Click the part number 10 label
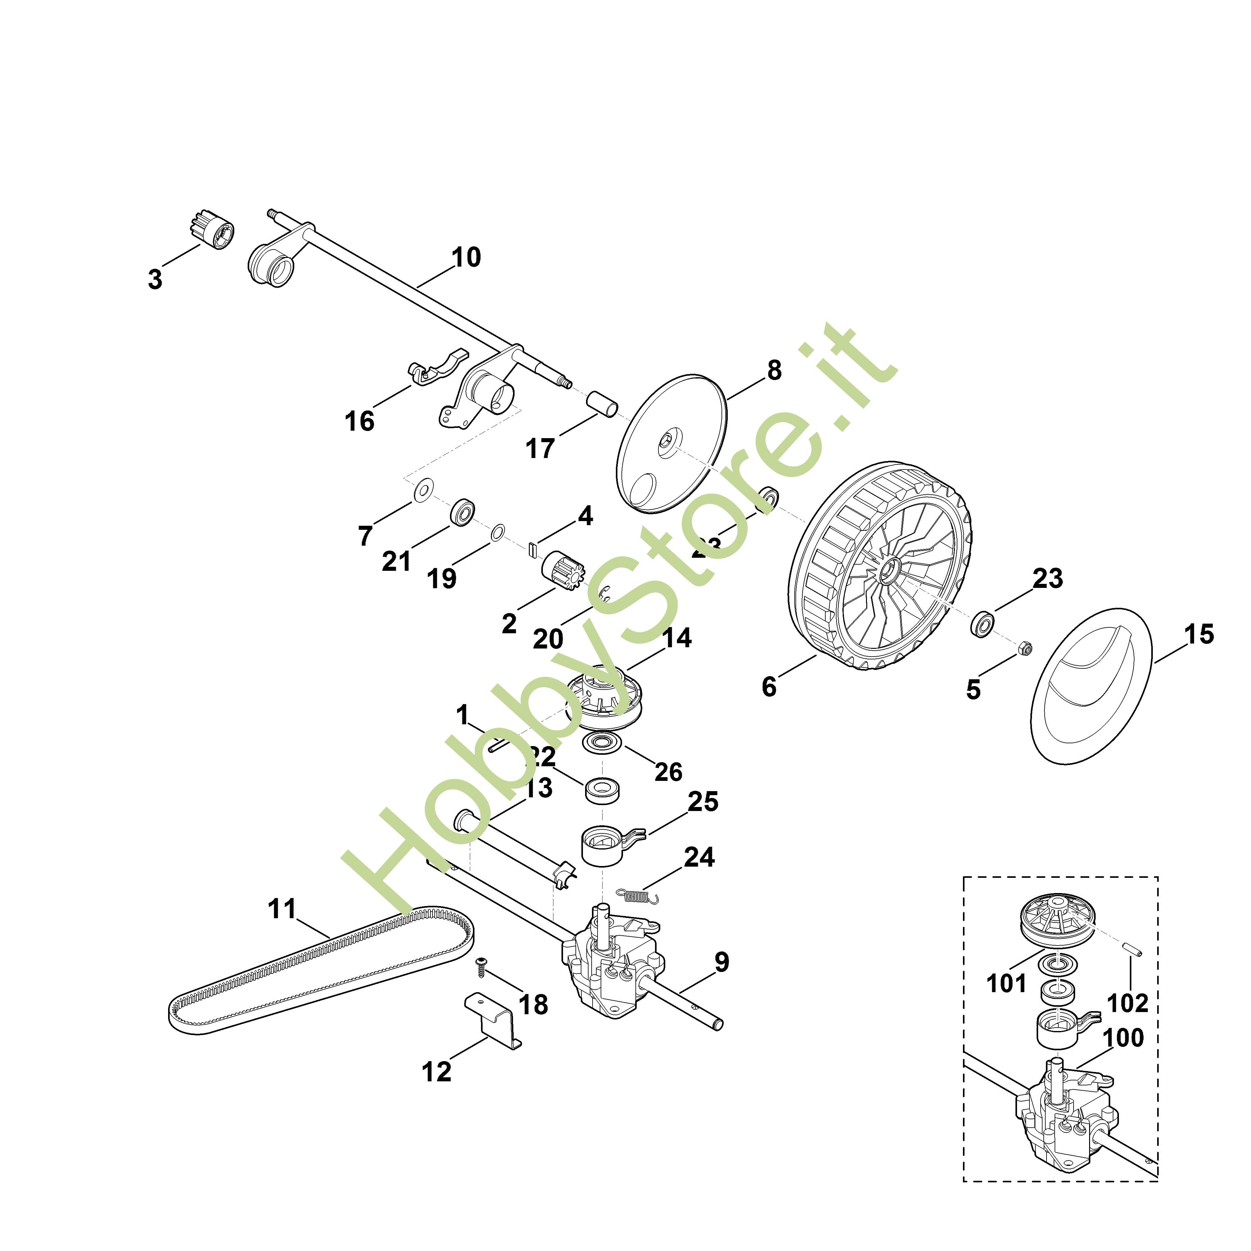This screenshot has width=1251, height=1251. pyautogui.click(x=466, y=258)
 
